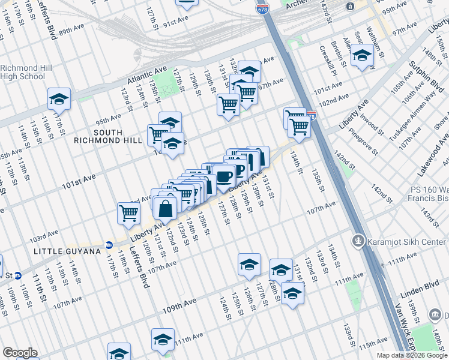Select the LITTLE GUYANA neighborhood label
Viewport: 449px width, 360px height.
67,251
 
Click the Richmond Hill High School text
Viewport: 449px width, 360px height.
23,72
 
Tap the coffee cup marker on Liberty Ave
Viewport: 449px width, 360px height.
224,176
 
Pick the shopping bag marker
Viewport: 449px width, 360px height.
165,208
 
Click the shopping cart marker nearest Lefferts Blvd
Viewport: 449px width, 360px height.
129,213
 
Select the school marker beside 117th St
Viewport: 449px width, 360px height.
59,98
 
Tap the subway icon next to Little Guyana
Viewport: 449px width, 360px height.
109,245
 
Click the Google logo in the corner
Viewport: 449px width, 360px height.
20,353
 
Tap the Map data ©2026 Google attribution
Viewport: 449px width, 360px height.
411,355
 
